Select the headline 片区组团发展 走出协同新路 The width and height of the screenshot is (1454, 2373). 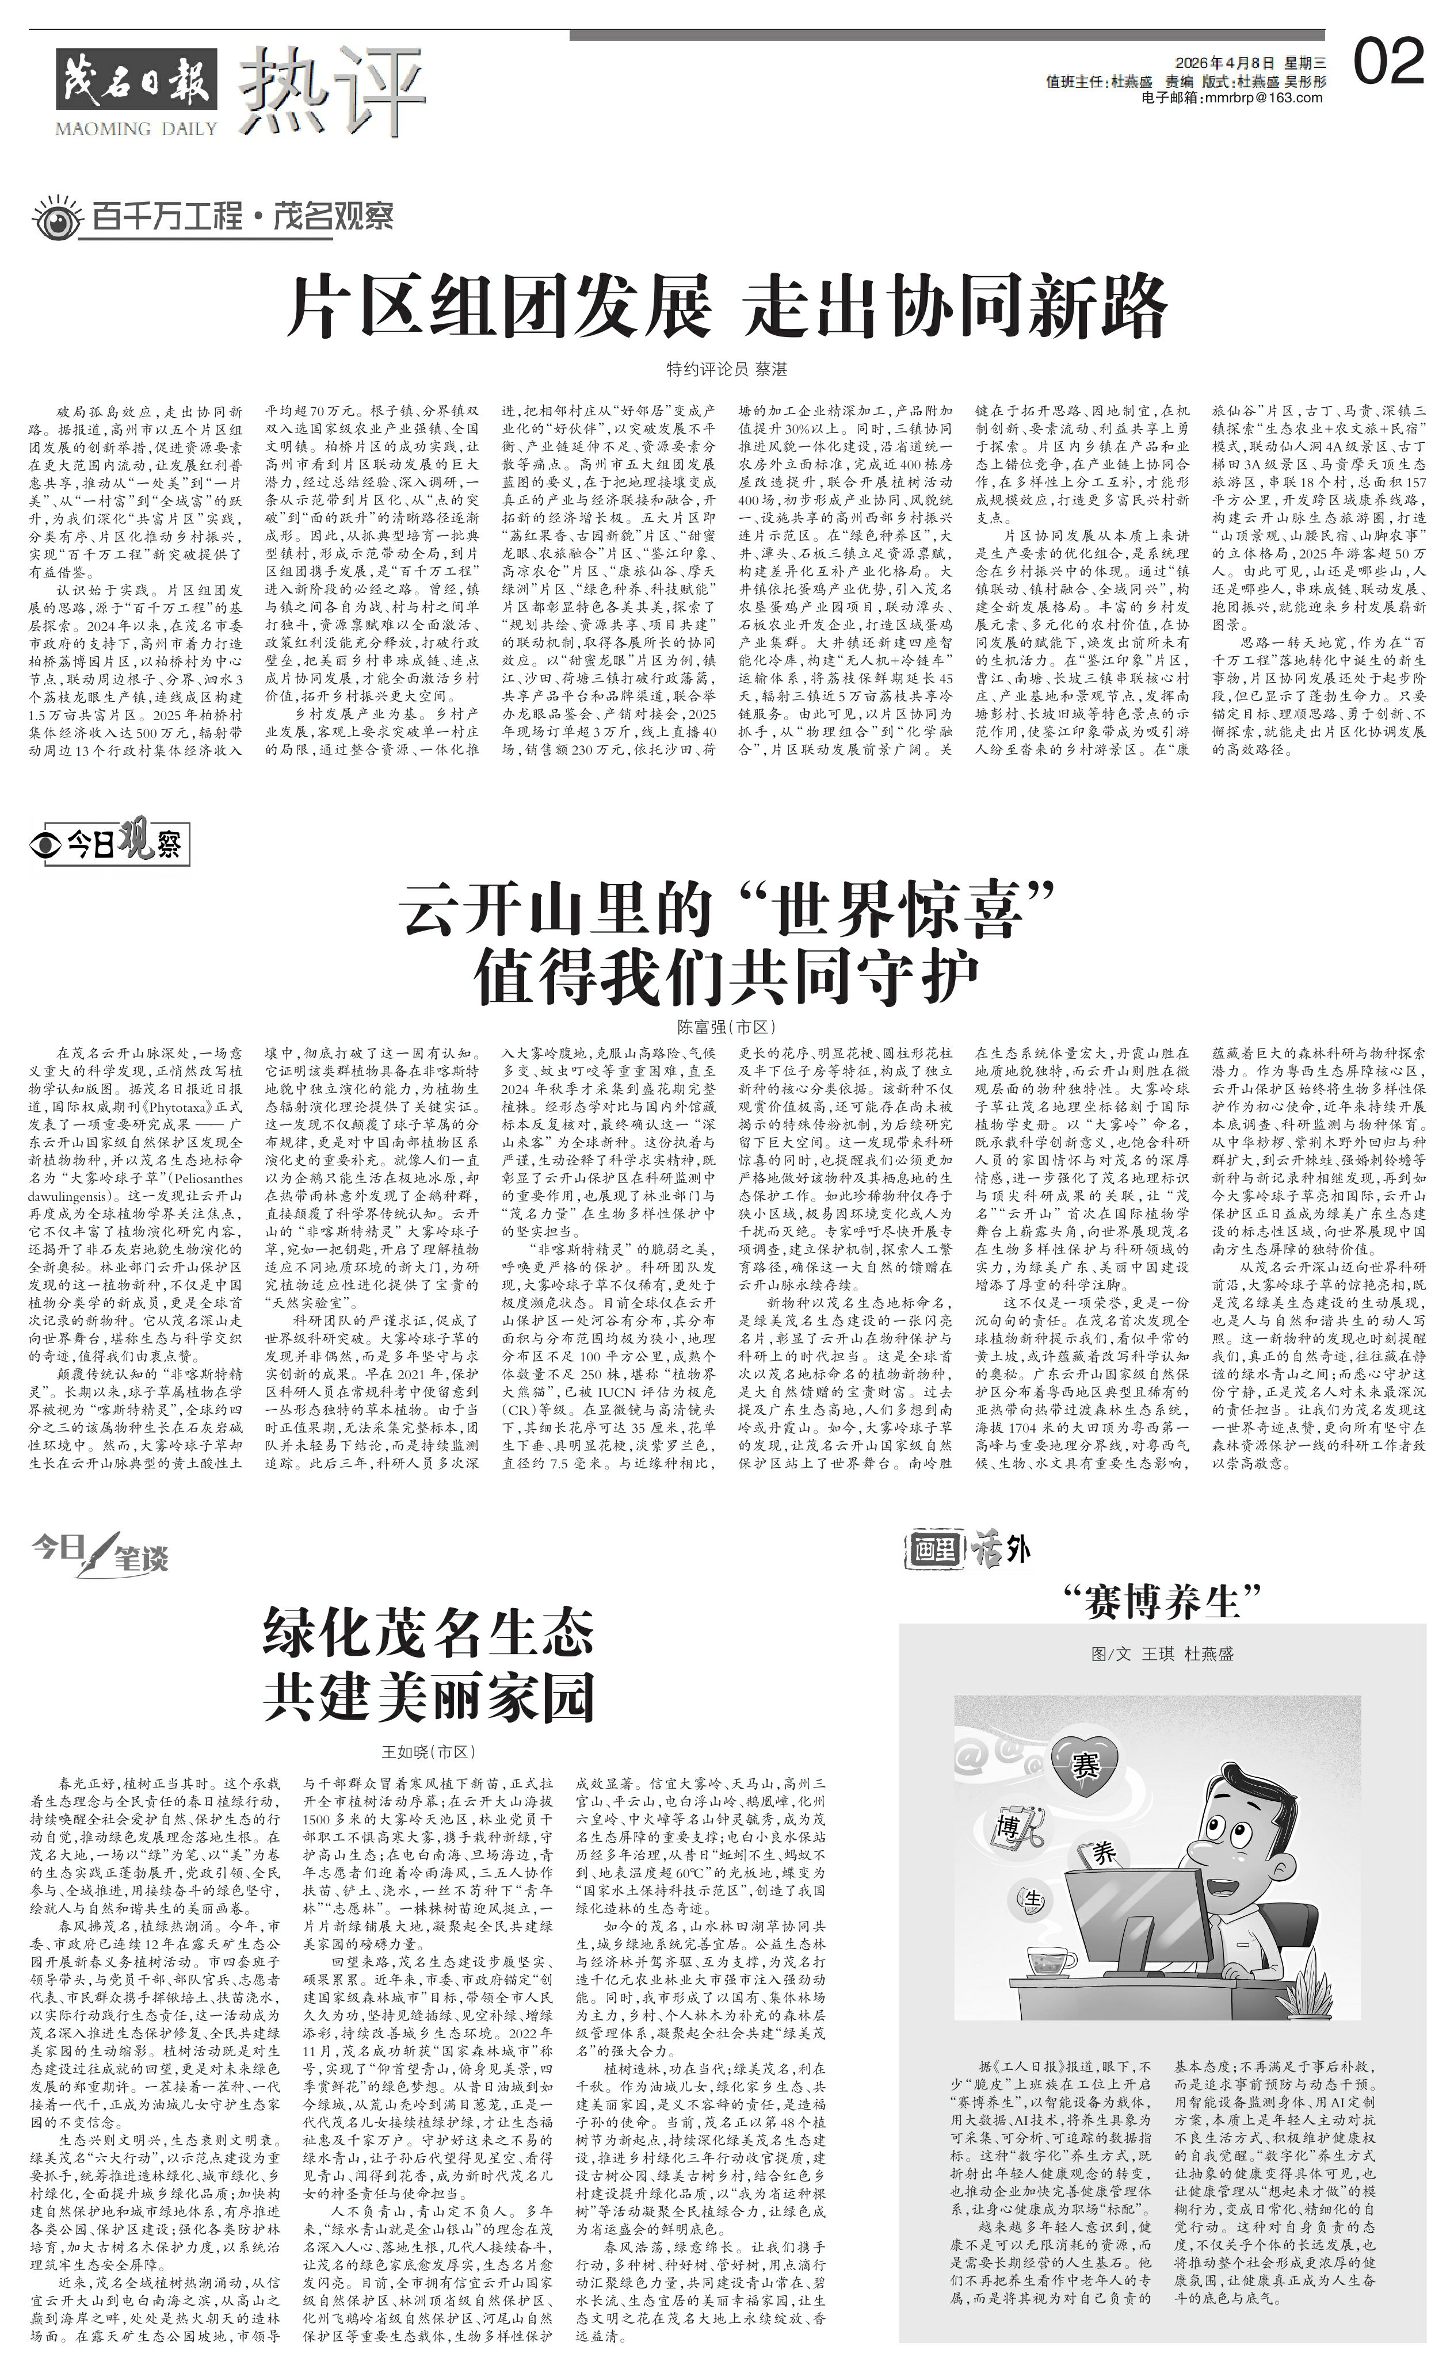727,305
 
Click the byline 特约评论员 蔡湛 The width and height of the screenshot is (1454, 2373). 727,369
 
